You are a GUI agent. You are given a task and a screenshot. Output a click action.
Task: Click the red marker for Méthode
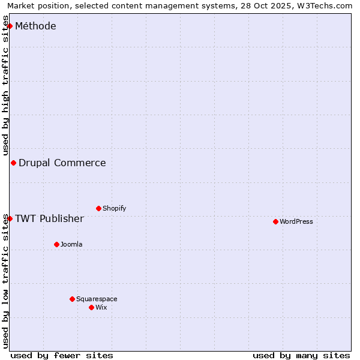tap(10, 26)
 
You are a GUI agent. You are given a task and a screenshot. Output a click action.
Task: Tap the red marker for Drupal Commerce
tap(13, 163)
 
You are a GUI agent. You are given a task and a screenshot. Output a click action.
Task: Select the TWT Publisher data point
tap(10, 218)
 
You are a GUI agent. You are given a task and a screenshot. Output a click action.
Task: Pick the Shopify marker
tap(98, 208)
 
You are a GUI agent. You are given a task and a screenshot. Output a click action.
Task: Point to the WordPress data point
tap(275, 221)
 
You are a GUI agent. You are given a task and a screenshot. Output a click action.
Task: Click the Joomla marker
tap(56, 244)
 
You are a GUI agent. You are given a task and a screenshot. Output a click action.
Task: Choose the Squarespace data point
tap(72, 299)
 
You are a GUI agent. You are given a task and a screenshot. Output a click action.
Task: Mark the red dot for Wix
tap(91, 307)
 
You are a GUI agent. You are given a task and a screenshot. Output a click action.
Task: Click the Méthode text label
tap(35, 26)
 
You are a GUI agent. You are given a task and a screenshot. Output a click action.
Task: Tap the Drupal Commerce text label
tap(62, 163)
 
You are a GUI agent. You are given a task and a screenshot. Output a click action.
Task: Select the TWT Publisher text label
tap(49, 218)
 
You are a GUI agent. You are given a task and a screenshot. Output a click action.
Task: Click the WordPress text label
tap(296, 221)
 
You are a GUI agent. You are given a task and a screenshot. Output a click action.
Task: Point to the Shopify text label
tap(114, 208)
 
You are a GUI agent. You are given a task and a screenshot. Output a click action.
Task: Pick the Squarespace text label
tap(97, 299)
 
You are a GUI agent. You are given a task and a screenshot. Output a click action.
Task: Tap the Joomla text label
tap(71, 244)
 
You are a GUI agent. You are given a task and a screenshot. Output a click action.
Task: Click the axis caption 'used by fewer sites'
tap(62, 355)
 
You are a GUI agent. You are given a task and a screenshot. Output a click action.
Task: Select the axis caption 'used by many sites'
tap(301, 355)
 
